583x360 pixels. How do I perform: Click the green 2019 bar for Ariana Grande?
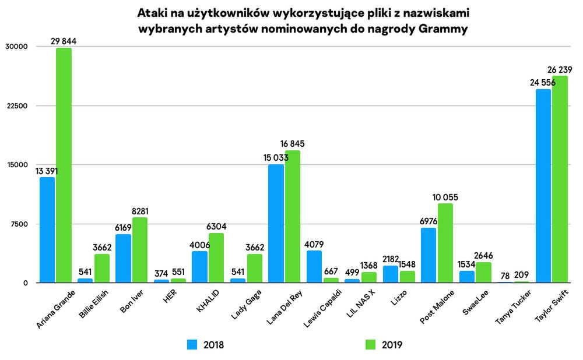click(64, 165)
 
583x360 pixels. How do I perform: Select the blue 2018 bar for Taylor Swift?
click(543, 186)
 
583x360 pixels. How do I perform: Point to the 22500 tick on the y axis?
click(17, 106)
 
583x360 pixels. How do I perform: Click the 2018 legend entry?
click(205, 345)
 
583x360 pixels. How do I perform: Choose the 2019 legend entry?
click(382, 345)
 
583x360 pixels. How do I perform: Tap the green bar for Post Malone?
click(445, 243)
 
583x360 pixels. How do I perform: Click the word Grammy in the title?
click(442, 29)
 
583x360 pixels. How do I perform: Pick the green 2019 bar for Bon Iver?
click(140, 250)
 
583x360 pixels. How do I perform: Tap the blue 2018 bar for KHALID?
click(199, 267)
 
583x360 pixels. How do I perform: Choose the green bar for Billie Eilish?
click(102, 268)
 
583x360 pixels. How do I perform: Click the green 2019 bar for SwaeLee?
click(483, 272)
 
